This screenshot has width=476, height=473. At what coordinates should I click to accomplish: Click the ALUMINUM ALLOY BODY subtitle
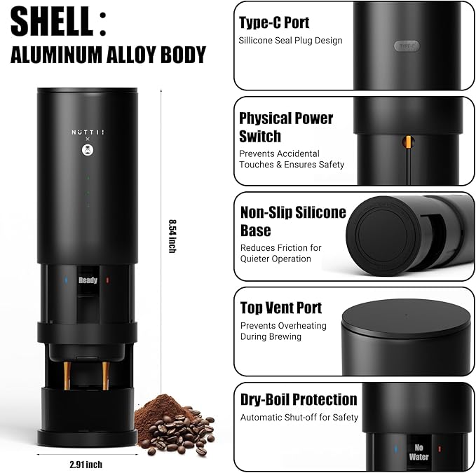click(x=108, y=55)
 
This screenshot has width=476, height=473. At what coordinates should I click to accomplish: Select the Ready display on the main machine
click(x=88, y=280)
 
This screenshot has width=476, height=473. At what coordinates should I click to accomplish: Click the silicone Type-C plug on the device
click(x=407, y=46)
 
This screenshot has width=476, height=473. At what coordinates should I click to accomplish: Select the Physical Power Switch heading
click(x=285, y=127)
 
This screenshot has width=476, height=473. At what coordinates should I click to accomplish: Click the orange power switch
click(x=406, y=143)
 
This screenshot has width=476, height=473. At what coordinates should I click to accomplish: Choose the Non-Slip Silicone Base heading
click(x=292, y=221)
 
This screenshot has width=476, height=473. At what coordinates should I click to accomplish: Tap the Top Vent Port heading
click(x=280, y=308)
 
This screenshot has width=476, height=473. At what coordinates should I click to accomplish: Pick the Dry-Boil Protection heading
click(x=298, y=399)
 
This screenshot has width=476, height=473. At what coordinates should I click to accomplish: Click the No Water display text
click(x=419, y=452)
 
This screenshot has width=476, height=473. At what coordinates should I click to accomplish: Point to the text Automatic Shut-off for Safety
click(x=299, y=418)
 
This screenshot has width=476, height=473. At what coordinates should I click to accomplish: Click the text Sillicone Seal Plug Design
click(x=290, y=41)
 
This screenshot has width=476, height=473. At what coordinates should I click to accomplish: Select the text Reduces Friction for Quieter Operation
click(x=280, y=253)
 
